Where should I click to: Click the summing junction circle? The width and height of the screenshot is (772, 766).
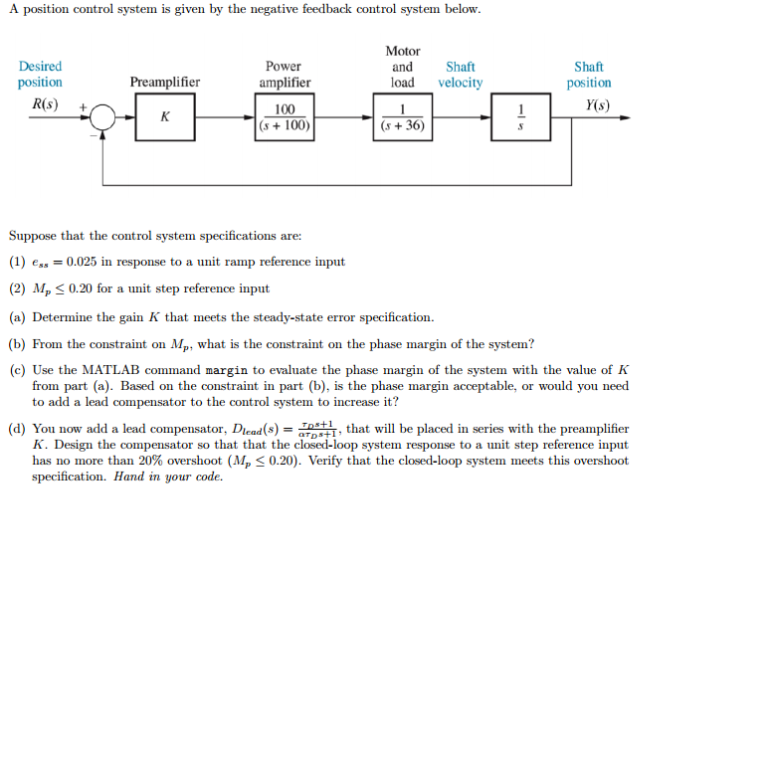point(102,117)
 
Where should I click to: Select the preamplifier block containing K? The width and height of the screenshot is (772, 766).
point(164,117)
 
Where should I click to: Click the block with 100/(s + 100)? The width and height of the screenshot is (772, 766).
point(285,117)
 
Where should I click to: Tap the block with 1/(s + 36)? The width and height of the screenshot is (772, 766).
point(402,117)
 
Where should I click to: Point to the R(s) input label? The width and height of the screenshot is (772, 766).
point(45,103)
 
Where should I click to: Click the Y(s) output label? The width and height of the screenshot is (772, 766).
point(598,103)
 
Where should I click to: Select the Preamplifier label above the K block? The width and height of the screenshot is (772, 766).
point(164,83)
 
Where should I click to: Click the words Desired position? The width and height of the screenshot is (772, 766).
point(40,75)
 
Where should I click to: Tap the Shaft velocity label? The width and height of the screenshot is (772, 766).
point(460,75)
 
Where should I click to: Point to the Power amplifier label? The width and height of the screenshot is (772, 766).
point(285,75)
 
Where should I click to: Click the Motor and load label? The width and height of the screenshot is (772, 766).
point(402,67)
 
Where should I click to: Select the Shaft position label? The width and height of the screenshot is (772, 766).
point(589,75)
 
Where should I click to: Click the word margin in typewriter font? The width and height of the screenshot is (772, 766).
point(226,369)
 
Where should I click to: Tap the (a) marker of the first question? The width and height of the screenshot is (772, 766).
point(17,317)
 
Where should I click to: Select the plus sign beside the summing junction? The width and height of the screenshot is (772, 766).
point(84,104)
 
